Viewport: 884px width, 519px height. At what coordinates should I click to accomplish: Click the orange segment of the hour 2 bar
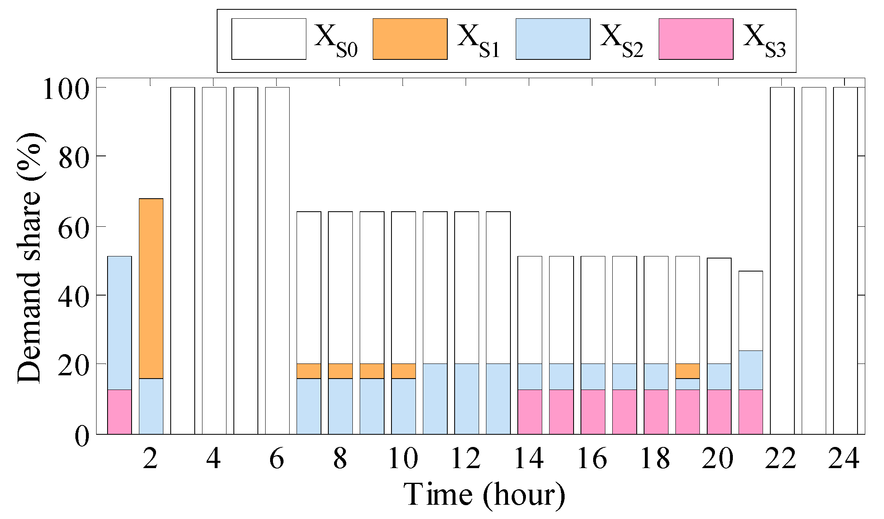[x=151, y=288]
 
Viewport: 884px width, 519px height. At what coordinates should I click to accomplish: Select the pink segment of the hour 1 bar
[x=119, y=412]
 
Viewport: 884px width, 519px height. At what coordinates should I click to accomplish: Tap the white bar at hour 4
[x=214, y=261]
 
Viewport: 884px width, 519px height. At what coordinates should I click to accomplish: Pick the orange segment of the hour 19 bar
[x=688, y=371]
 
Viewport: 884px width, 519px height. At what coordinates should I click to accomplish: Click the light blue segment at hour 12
[x=467, y=399]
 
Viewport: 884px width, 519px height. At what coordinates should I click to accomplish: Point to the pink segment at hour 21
[x=751, y=412]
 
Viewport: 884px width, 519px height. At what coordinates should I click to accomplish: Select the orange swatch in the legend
[x=410, y=39]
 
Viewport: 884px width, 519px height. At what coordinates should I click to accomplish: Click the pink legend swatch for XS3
[x=696, y=39]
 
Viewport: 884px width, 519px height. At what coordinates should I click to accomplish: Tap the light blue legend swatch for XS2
[x=553, y=39]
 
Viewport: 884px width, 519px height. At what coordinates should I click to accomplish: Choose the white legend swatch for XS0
[x=269, y=39]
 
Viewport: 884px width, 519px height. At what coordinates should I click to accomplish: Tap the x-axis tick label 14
[x=529, y=458]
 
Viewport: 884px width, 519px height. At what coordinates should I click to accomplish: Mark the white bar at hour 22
[x=782, y=261]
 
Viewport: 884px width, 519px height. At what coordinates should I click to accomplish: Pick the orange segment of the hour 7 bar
[x=309, y=371]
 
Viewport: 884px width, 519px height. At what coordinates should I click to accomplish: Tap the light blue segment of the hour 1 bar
[x=119, y=323]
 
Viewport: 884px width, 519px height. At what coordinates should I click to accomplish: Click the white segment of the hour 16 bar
[x=593, y=310]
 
